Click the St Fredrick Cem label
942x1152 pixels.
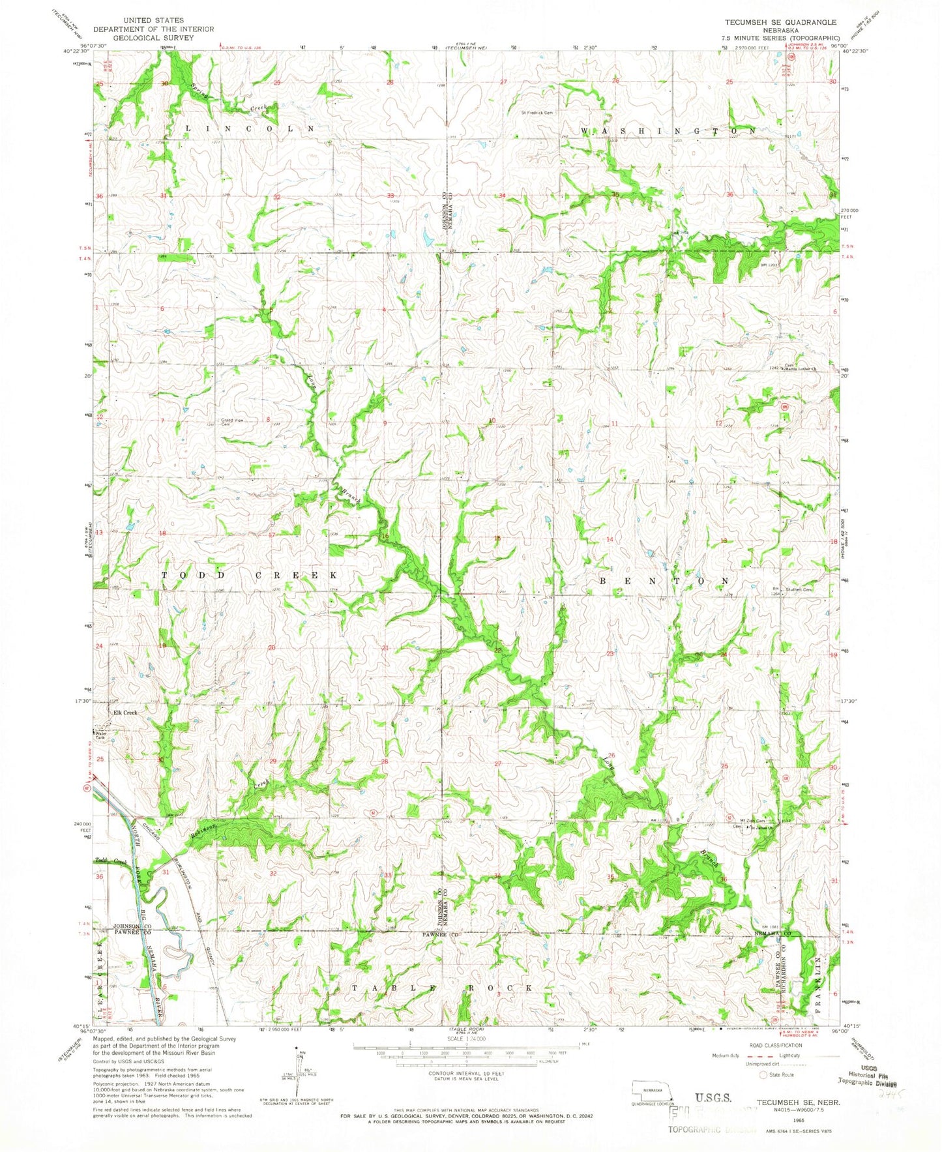(537, 112)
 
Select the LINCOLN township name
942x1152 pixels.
(250, 129)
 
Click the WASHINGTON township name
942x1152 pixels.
(668, 131)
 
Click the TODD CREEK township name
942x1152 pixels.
(250, 576)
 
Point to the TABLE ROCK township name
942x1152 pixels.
(443, 988)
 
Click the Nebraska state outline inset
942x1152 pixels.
(648, 1089)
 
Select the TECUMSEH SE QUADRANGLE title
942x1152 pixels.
(780, 22)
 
